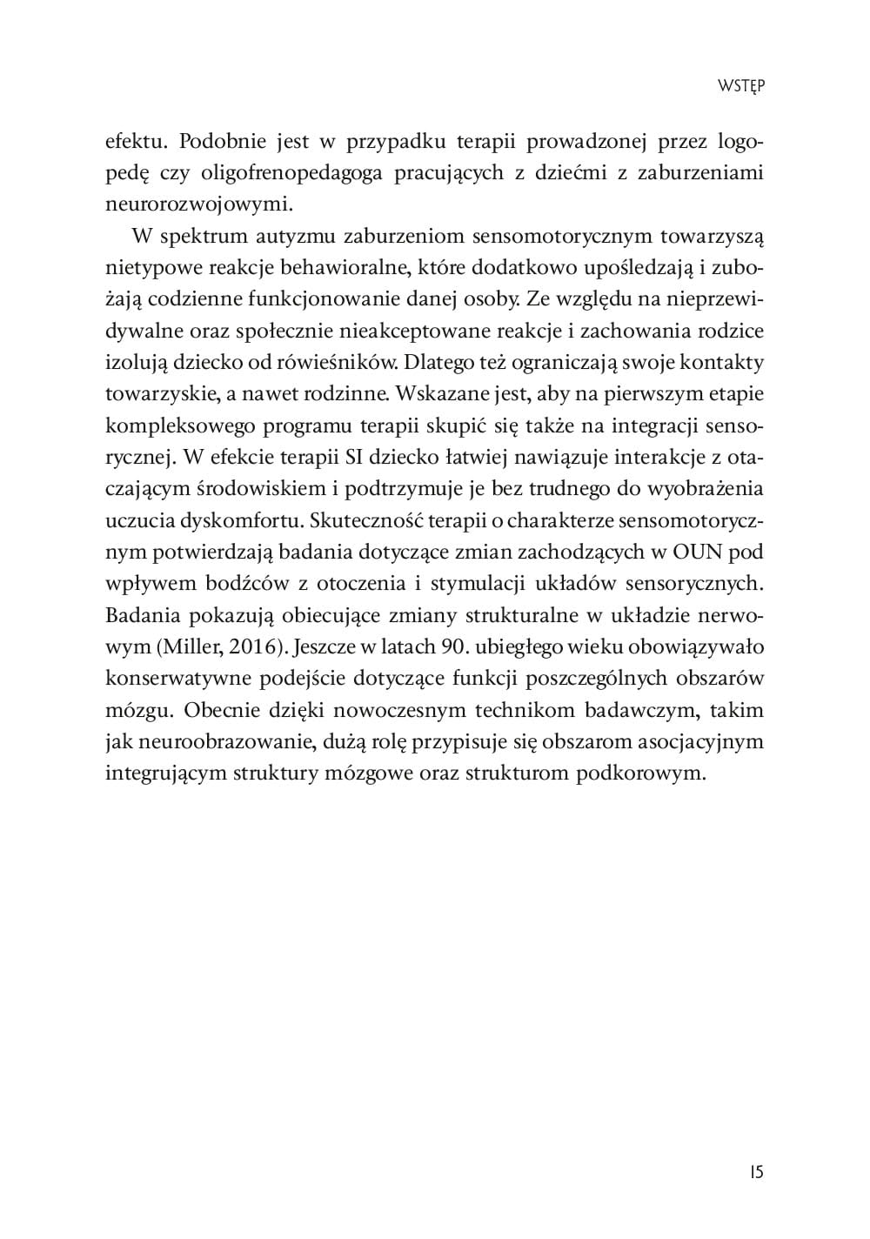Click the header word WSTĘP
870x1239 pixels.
tap(740, 85)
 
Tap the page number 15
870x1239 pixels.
tap(754, 1172)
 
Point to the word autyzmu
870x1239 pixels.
tap(296, 236)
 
